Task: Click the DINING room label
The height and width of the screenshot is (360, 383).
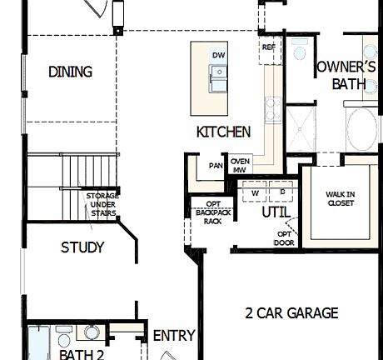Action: click(x=70, y=71)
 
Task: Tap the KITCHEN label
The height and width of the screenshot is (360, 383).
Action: click(x=223, y=132)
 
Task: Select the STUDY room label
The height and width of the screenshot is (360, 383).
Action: click(x=82, y=247)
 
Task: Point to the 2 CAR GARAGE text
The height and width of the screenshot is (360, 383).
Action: click(x=291, y=313)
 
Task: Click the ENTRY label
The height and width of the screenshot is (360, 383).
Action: click(x=174, y=336)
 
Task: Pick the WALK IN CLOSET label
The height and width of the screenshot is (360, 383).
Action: click(x=340, y=198)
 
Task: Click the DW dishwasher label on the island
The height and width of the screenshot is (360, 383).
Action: click(x=219, y=55)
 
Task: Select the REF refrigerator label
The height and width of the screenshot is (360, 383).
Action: click(x=268, y=47)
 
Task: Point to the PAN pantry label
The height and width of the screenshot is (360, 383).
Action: click(x=216, y=166)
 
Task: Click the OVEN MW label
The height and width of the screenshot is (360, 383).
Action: click(x=241, y=165)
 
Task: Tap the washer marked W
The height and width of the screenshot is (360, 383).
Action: click(x=255, y=192)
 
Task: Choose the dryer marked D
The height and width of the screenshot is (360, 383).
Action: click(x=281, y=192)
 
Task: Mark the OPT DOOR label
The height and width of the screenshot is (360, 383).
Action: click(x=285, y=238)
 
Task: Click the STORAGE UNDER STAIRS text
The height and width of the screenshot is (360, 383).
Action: click(x=102, y=203)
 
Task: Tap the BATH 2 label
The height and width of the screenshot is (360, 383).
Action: click(x=82, y=354)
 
